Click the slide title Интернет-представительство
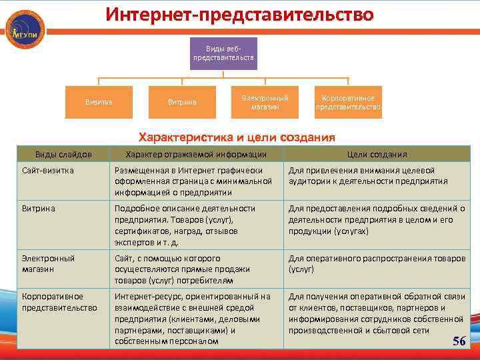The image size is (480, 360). point(239,14)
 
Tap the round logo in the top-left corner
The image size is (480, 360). point(25,29)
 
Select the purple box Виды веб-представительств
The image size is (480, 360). point(223,54)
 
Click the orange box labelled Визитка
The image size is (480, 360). point(98,102)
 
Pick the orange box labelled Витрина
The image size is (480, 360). point(181,102)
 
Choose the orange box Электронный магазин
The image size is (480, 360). point(265,102)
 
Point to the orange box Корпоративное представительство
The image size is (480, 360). point(348,102)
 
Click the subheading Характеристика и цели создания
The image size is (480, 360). point(236,138)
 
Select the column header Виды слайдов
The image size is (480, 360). point(63,154)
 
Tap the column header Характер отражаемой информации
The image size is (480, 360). point(196,154)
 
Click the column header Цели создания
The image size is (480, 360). point(377,154)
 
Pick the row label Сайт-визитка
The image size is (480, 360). point(47,171)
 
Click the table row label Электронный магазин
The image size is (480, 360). point(48,263)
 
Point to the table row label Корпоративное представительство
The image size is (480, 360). point(59,301)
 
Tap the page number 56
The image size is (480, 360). point(459,341)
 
